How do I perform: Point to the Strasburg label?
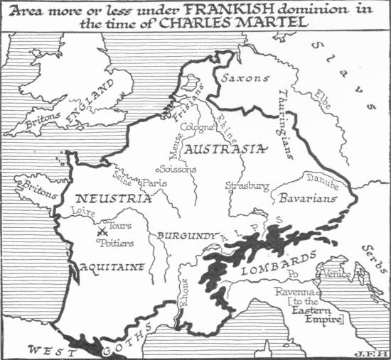pyautogui.click(x=247, y=186)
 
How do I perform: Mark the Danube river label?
pyautogui.click(x=327, y=180)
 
